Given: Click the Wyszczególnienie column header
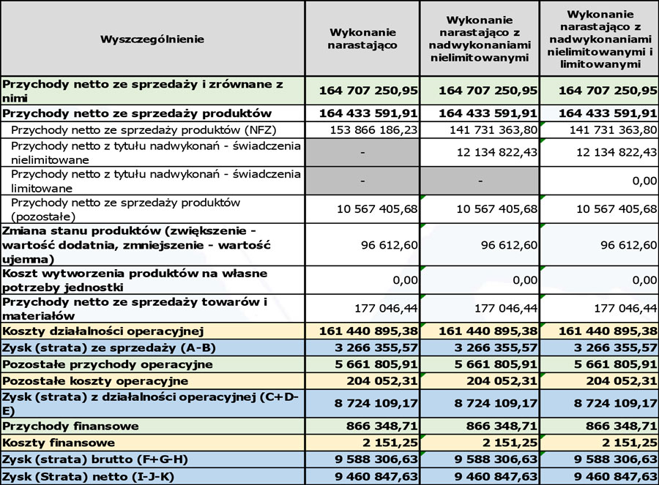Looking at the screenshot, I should tap(152, 39).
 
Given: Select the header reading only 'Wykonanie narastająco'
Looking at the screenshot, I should tap(362, 39).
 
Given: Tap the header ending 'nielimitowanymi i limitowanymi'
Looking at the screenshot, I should tap(598, 39).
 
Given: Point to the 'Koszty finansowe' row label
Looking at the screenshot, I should tap(59, 443).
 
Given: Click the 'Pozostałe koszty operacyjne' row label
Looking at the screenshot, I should tap(95, 381).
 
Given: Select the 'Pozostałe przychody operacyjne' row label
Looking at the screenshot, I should tap(108, 364).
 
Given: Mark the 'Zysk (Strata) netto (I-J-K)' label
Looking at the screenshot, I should tap(94, 477).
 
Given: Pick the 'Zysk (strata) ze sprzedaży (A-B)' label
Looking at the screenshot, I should tap(109, 347).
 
